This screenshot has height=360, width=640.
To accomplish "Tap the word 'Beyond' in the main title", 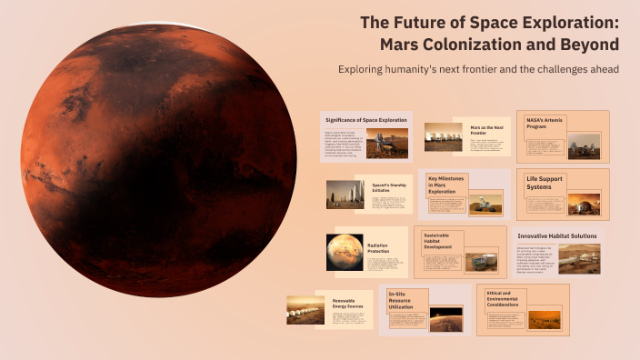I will (x=588, y=44).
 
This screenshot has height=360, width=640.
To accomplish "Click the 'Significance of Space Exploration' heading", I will (x=365, y=120).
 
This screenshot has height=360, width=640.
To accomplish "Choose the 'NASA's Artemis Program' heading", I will (x=544, y=124).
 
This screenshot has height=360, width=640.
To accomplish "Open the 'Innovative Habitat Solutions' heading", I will (x=556, y=235).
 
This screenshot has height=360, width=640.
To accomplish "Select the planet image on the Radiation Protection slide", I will (x=345, y=252).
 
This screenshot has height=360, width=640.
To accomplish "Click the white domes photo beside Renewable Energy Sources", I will (x=305, y=310).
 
